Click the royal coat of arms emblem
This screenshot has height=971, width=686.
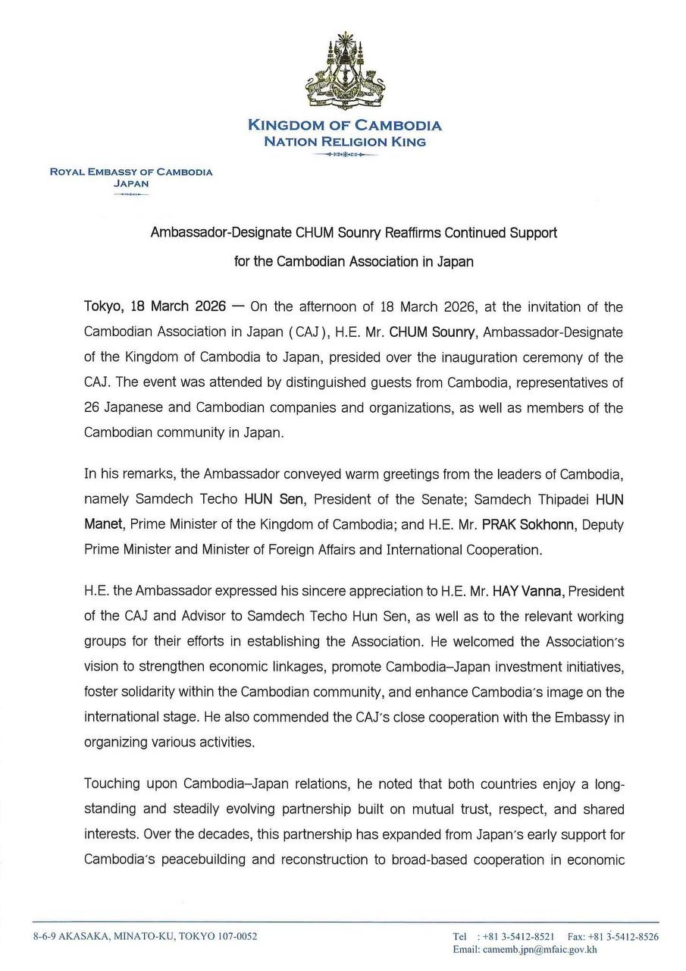(344, 72)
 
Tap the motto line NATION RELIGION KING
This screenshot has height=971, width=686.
(344, 141)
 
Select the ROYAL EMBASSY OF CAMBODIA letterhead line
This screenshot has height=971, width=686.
(131, 171)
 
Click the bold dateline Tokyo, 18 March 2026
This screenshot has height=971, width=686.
(155, 306)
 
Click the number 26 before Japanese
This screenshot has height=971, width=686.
(92, 407)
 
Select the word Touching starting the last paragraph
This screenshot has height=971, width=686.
(111, 783)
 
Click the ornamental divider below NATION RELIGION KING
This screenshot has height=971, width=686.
(344, 155)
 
